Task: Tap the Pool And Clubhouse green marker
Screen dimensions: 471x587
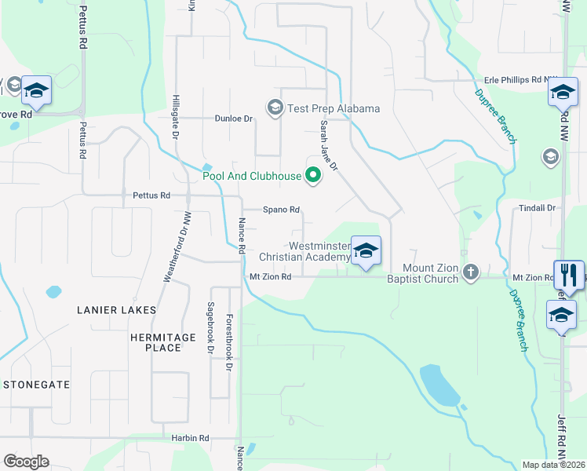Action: pos(313,176)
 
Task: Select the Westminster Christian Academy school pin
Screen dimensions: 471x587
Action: pos(366,252)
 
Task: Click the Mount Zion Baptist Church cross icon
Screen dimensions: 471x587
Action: pos(470,272)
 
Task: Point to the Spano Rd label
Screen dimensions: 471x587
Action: pos(282,210)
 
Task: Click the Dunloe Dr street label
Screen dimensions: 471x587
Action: pos(234,119)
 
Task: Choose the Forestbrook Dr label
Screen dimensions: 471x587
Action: pos(229,342)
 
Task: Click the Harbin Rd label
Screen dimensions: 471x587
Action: pos(191,438)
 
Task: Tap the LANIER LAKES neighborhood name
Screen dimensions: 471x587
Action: pos(116,310)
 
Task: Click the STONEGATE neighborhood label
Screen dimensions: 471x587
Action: pos(37,385)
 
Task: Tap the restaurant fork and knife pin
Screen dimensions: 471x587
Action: pos(569,275)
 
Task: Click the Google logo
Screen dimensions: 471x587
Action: pos(26,462)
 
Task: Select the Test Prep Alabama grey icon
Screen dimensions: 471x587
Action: pos(275,108)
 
